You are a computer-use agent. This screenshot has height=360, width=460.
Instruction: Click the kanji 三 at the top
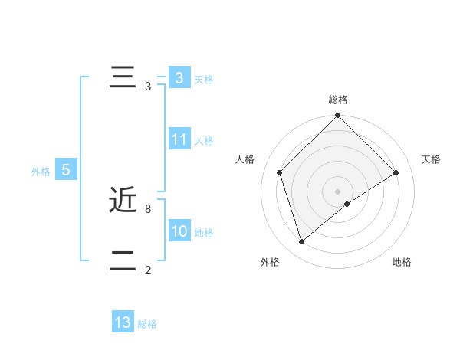tap(123, 78)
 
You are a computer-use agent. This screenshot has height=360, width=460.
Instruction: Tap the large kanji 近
tap(123, 201)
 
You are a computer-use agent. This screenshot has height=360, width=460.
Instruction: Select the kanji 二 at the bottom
tap(123, 262)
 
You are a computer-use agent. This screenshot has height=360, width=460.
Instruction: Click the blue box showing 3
tap(179, 78)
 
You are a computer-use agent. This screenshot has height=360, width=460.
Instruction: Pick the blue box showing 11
tap(179, 139)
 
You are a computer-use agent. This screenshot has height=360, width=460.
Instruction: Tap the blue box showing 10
tap(179, 231)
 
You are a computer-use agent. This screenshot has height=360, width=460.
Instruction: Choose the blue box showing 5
tap(66, 170)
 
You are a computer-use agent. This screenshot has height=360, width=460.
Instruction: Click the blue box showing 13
tap(123, 322)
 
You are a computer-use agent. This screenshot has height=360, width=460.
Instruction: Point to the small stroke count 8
tap(147, 208)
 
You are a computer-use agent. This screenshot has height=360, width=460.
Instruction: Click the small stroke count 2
tap(147, 270)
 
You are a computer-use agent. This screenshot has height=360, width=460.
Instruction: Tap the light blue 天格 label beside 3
tap(204, 79)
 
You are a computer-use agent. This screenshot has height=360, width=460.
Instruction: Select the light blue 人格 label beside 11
tap(204, 140)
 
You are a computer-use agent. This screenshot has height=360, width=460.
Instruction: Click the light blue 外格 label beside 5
tap(41, 172)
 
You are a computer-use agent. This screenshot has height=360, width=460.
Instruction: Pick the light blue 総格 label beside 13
tap(147, 324)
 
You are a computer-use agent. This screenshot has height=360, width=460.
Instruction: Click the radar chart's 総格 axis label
tap(337, 100)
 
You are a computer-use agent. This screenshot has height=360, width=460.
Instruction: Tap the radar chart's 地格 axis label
tap(402, 262)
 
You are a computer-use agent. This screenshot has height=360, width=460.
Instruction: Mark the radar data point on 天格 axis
tap(396, 172)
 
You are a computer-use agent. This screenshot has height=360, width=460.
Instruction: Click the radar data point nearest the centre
tap(347, 204)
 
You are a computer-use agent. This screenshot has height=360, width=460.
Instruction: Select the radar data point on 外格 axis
tap(302, 242)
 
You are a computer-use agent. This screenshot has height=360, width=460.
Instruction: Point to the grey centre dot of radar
tap(337, 191)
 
